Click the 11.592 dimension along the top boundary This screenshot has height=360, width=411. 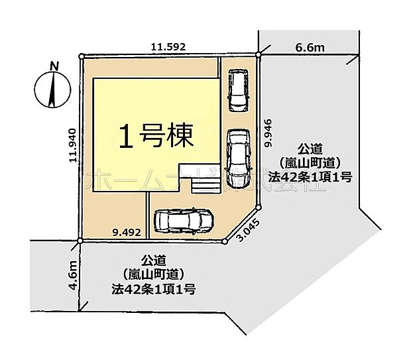pyautogui.click(x=168, y=47)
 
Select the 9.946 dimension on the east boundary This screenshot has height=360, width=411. pyautogui.click(x=268, y=133)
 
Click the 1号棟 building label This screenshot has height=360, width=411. pyautogui.click(x=156, y=137)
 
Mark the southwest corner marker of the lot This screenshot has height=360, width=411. pyautogui.click(x=80, y=239)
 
